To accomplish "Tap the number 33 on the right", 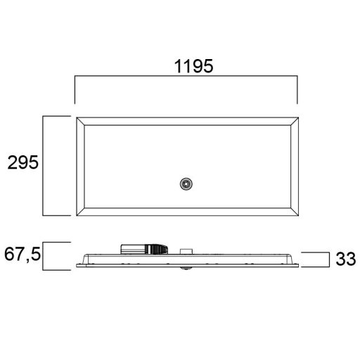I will (x=345, y=259).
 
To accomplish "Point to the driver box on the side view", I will (x=145, y=248).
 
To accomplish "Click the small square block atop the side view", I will (x=186, y=251).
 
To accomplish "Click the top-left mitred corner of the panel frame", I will (x=79, y=121).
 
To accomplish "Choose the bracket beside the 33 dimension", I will (x=328, y=259).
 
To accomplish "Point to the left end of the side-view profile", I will (x=75, y=263).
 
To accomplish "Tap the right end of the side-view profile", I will (x=298, y=263).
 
